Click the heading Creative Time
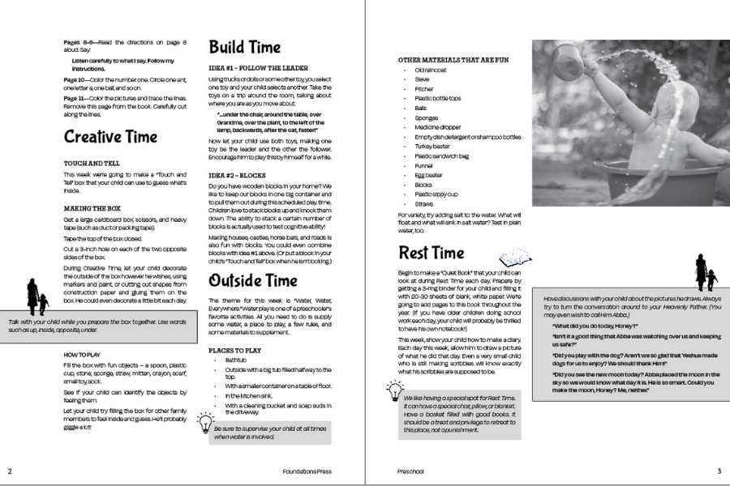(110, 136)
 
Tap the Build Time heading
(245, 46)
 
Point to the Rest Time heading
(431, 252)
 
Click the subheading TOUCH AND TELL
(92, 163)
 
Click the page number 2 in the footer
(10, 471)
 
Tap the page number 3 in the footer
(719, 471)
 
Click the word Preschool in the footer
(410, 471)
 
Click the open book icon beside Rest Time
(515, 258)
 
